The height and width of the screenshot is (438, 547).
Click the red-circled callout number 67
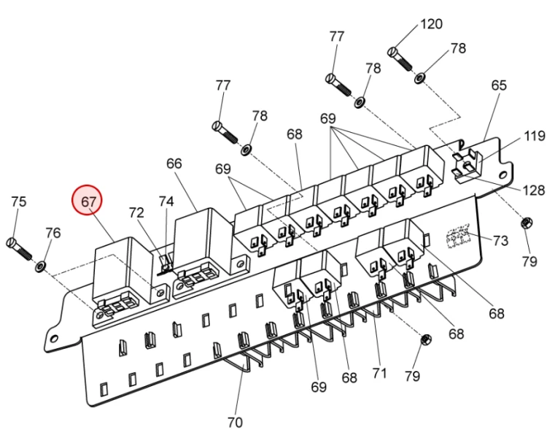tap(88, 201)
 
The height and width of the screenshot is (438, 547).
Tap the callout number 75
tap(19, 201)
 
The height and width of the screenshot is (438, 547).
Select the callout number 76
tap(53, 233)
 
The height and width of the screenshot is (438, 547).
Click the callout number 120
tap(432, 24)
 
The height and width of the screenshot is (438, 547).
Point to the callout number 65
tap(499, 85)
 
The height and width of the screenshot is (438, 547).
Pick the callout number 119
tap(534, 136)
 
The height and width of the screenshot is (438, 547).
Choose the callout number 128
tap(533, 191)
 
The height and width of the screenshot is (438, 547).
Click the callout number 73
tap(500, 241)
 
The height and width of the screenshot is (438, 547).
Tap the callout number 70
tap(235, 423)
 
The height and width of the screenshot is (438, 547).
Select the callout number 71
tap(379, 373)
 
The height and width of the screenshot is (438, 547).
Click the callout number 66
tap(174, 164)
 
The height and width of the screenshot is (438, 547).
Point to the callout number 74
tap(166, 201)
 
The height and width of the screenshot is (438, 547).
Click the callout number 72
tap(136, 212)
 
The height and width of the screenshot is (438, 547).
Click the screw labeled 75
tap(19, 248)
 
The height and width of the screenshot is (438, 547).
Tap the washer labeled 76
tap(40, 267)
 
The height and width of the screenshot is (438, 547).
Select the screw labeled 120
tap(400, 58)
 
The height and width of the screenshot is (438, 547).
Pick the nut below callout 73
tap(527, 223)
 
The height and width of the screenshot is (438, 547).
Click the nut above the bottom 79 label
tap(427, 339)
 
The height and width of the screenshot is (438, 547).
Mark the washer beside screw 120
tap(419, 78)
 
